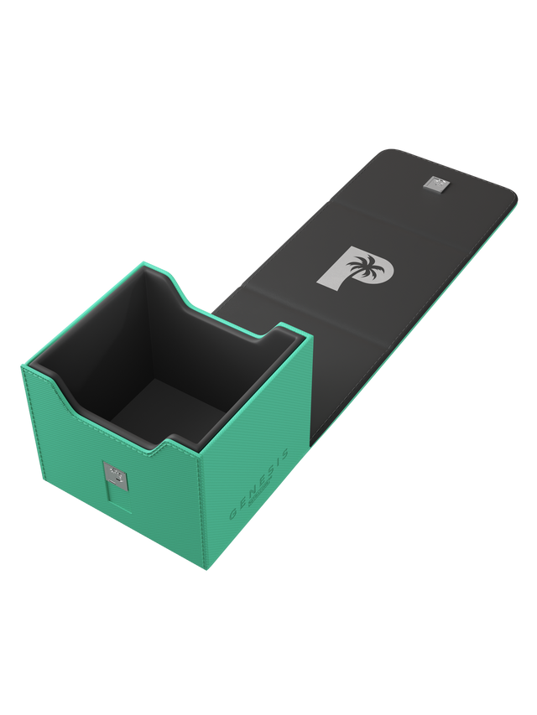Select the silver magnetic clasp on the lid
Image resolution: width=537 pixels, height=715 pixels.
(434, 184)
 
